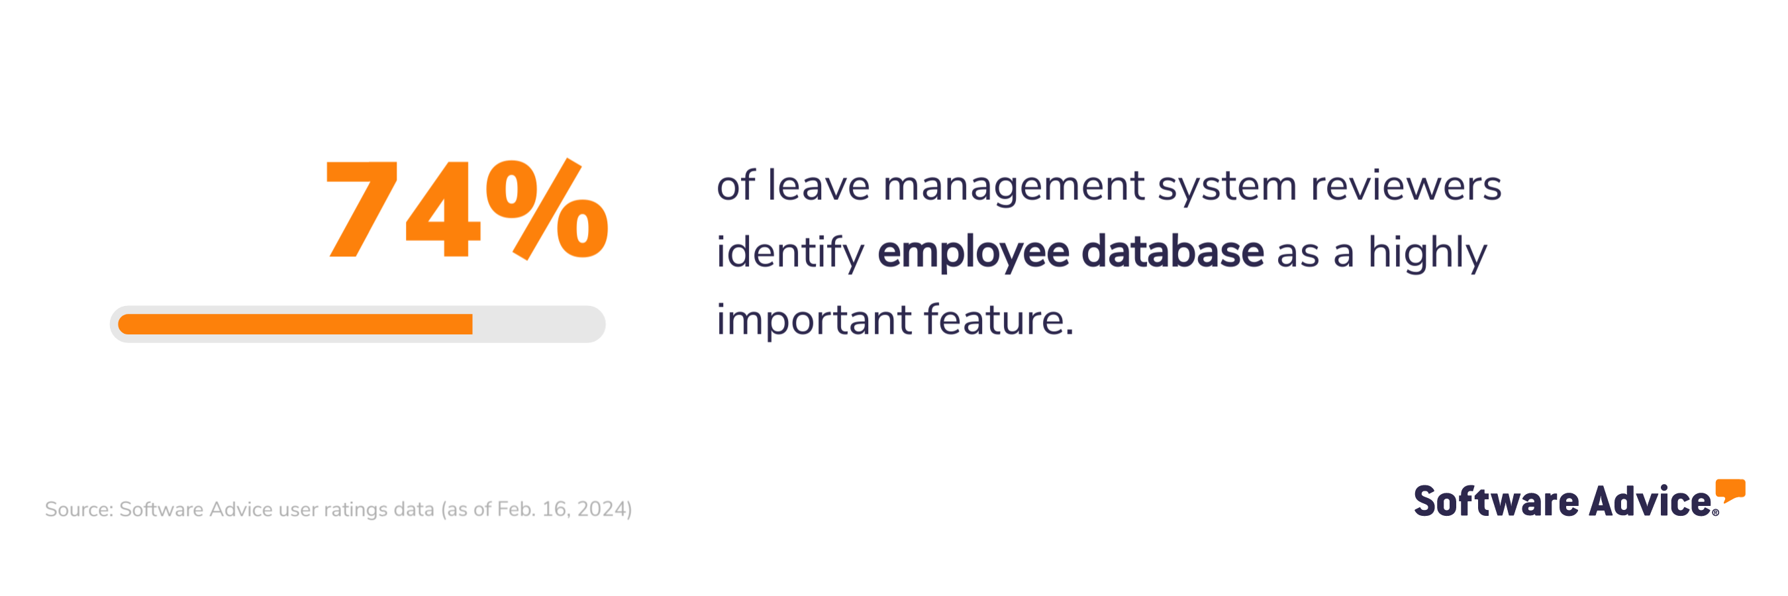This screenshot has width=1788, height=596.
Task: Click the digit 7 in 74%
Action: pos(362,208)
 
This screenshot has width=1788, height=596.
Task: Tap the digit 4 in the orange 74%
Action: pos(443,210)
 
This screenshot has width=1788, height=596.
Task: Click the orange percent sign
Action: pos(547,208)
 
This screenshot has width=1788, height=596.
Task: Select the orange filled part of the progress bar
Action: pos(295,324)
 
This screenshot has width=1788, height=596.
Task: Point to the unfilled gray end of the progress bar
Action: pos(538,324)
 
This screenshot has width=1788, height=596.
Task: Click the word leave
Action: pos(819,186)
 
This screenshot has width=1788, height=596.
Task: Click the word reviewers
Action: pos(1405,186)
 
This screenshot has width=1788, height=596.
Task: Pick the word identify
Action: pos(790,252)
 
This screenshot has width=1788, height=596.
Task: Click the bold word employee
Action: pos(973,252)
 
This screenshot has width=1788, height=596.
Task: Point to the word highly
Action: pos(1427,252)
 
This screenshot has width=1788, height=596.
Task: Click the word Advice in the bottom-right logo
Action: pos(1650,502)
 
